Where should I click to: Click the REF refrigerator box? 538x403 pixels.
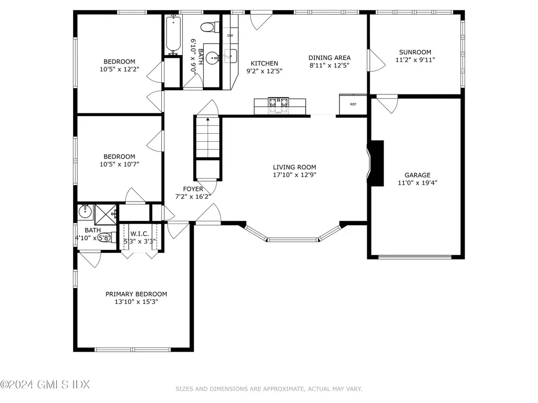pyautogui.click(x=353, y=104)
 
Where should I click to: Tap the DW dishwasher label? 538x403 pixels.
pyautogui.click(x=230, y=36)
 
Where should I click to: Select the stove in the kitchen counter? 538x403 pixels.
pyautogui.click(x=279, y=105)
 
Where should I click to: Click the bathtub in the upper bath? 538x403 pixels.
pyautogui.click(x=172, y=35)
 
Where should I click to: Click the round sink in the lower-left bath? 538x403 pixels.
pyautogui.click(x=85, y=212)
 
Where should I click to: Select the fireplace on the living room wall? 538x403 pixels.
pyautogui.click(x=376, y=163)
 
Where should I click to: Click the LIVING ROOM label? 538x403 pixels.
pyautogui.click(x=294, y=167)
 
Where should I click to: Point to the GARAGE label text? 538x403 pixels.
pyautogui.click(x=417, y=175)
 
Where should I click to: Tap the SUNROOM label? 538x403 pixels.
pyautogui.click(x=415, y=52)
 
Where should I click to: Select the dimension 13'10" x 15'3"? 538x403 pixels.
pyautogui.click(x=136, y=302)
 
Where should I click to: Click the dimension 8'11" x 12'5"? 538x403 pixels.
pyautogui.click(x=329, y=65)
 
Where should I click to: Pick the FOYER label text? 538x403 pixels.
pyautogui.click(x=193, y=189)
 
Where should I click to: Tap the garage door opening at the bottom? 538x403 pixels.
pyautogui.click(x=415, y=257)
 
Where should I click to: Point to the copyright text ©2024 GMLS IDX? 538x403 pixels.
pyautogui.click(x=45, y=385)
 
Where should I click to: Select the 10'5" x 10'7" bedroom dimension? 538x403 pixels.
pyautogui.click(x=119, y=164)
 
